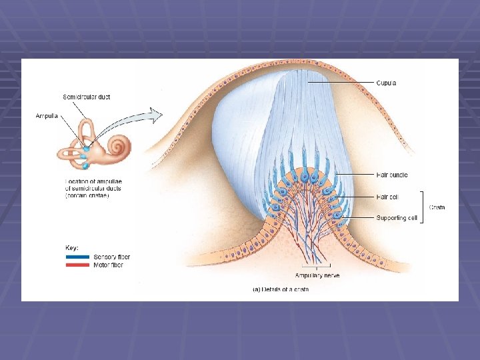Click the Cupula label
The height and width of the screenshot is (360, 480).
[386, 83]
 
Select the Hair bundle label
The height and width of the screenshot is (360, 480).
[392, 175]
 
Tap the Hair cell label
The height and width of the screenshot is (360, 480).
[389, 197]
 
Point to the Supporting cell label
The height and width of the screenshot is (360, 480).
[397, 218]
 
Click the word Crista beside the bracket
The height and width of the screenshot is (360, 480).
[437, 207]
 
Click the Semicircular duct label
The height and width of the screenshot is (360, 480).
[86, 97]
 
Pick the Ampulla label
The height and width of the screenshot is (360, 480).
[47, 115]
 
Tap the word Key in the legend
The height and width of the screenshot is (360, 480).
[71, 247]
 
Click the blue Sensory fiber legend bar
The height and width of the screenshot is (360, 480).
[78, 257]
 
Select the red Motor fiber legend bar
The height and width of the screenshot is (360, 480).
[78, 265]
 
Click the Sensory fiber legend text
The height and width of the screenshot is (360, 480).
[111, 257]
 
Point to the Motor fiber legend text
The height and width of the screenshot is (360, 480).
[109, 265]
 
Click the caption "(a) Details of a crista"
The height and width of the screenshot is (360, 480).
[280, 289]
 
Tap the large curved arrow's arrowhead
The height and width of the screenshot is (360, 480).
[156, 115]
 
